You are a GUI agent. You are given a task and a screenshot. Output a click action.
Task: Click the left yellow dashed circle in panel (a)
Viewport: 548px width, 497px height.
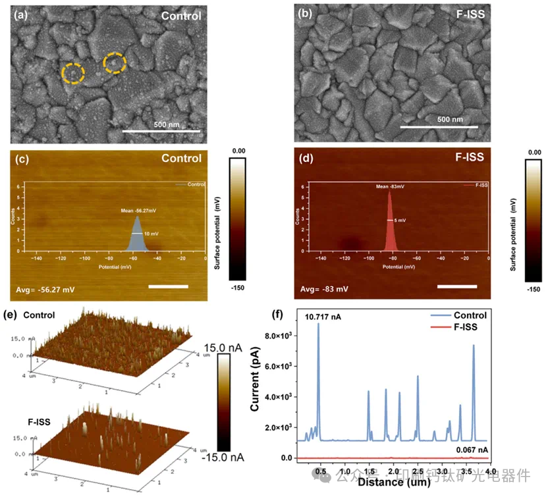[73, 73]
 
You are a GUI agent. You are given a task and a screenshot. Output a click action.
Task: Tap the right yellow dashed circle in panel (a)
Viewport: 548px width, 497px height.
[115, 63]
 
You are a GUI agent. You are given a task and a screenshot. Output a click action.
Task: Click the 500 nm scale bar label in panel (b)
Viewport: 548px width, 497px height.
[450, 119]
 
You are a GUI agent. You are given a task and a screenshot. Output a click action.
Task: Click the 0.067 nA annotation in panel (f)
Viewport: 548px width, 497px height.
[471, 450]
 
